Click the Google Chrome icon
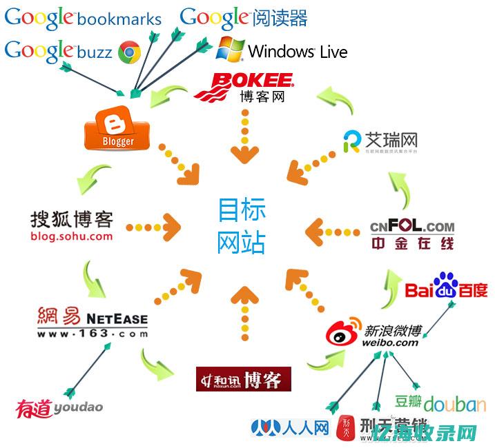pos(130,52)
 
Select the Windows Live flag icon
pos(230,49)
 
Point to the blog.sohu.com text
pos(71,236)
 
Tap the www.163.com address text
pos(92,334)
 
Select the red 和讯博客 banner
pos(243,379)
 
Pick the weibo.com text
pos(389,343)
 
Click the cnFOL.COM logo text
pos(412,227)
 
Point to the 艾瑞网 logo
pos(380,141)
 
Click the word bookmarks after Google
pos(119,20)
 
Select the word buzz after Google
pos(95,52)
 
